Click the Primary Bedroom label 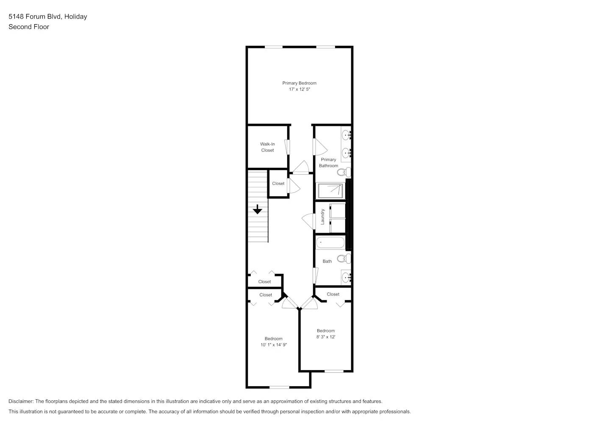pos(299,83)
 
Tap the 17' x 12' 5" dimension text pos(299,89)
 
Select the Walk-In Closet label pos(267,147)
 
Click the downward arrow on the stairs pos(258,209)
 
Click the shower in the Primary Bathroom pos(330,191)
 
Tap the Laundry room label pos(322,217)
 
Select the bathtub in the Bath pos(330,243)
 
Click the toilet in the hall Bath pos(344,258)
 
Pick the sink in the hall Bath pos(346,278)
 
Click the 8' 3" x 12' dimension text pos(326,337)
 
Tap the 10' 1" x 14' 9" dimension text pos(274,345)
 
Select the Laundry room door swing pos(308,220)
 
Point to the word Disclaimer pos(21,401)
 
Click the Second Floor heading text pos(29,27)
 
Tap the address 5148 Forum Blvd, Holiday pos(48,17)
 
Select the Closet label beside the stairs pos(278,184)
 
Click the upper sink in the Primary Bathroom pos(346,136)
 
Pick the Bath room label pos(327,262)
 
